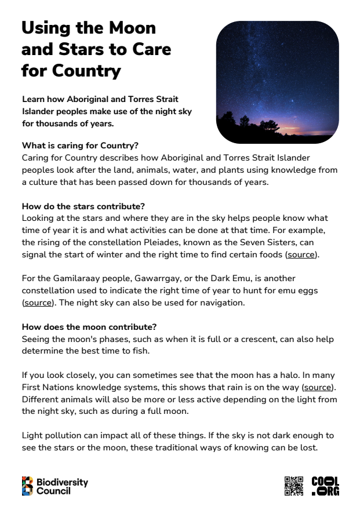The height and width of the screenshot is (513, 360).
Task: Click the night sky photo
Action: click(277, 81)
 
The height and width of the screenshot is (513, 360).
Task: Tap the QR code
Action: click(294, 486)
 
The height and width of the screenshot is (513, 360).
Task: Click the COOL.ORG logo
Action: click(325, 486)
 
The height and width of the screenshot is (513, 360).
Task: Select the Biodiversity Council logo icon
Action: click(28, 486)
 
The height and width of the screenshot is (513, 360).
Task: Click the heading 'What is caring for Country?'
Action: click(80, 145)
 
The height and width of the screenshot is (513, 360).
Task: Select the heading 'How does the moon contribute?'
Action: click(89, 327)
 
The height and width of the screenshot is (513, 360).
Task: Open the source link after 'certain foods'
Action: click(301, 254)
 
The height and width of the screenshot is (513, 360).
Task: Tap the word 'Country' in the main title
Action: click(86, 71)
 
